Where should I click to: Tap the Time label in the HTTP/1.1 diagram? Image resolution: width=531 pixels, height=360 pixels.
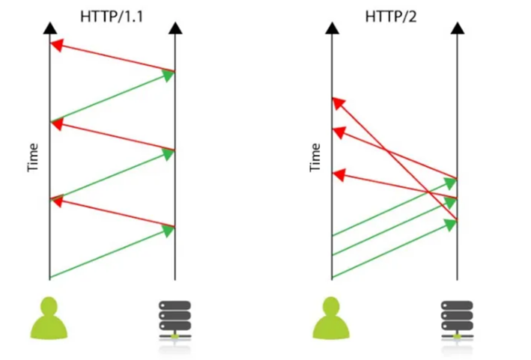[x=33, y=158]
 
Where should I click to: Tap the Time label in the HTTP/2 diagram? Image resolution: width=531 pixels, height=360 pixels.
[x=315, y=158]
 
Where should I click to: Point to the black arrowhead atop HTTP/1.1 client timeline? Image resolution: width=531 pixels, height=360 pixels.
[x=49, y=28]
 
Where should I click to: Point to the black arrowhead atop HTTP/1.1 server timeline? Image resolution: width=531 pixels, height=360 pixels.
[x=175, y=28]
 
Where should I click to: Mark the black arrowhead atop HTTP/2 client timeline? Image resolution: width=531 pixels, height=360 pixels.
[x=332, y=28]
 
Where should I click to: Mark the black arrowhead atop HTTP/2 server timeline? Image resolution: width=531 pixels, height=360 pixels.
[x=457, y=28]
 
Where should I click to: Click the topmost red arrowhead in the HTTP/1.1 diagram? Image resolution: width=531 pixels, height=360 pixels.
[x=56, y=46]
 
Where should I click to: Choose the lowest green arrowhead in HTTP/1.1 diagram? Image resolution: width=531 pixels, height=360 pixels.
[x=169, y=231]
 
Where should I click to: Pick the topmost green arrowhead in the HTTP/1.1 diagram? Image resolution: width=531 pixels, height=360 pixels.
[x=169, y=74]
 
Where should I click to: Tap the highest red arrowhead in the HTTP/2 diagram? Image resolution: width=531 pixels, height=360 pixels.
[x=339, y=102]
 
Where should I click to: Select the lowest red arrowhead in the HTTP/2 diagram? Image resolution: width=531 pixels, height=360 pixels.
[x=339, y=175]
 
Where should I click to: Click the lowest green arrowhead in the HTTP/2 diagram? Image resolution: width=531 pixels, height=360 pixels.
[x=451, y=224]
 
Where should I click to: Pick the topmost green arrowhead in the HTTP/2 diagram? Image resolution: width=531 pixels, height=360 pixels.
[x=451, y=182]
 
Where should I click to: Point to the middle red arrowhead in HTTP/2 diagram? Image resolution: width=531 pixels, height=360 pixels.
[x=339, y=132]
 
